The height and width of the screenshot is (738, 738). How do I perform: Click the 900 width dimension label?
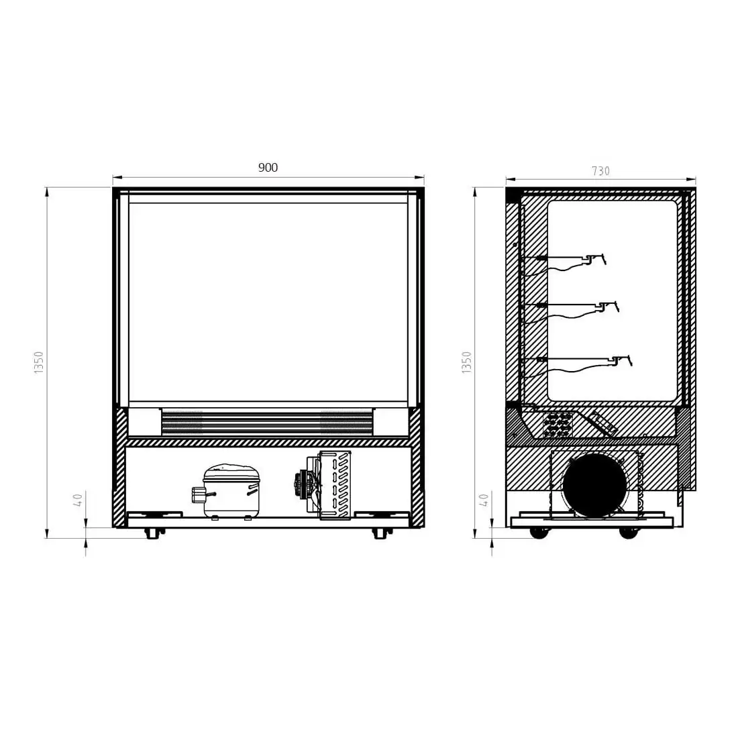tap(268, 168)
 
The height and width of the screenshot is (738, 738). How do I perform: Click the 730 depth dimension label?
tap(600, 171)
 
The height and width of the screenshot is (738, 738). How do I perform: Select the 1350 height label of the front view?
tap(39, 362)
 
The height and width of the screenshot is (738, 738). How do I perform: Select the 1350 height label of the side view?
tap(466, 362)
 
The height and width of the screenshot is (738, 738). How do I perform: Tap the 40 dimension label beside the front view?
tap(78, 499)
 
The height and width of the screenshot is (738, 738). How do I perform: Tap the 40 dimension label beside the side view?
tap(483, 499)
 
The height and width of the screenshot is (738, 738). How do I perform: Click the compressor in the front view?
tap(227, 491)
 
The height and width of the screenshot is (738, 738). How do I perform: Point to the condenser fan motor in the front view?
tap(302, 483)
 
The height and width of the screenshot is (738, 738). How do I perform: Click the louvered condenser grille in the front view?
tap(335, 485)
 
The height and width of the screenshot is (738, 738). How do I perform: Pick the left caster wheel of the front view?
tap(152, 533)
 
